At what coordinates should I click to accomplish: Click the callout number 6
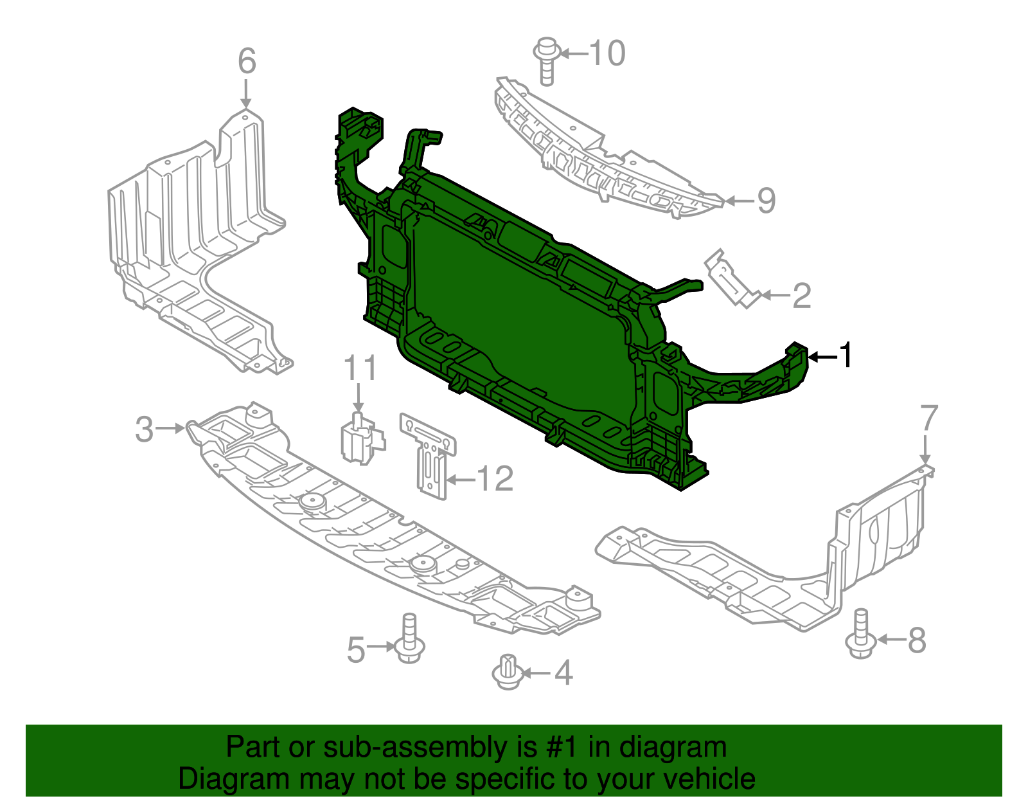[247, 62]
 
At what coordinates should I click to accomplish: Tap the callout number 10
[607, 53]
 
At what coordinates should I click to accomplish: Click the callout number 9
[766, 201]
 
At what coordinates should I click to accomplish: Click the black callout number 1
[847, 356]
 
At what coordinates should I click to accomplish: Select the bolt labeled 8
[861, 635]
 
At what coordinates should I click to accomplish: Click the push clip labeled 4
[508, 672]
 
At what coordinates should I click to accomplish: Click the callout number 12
[495, 479]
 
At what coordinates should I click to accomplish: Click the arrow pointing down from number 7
[925, 449]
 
